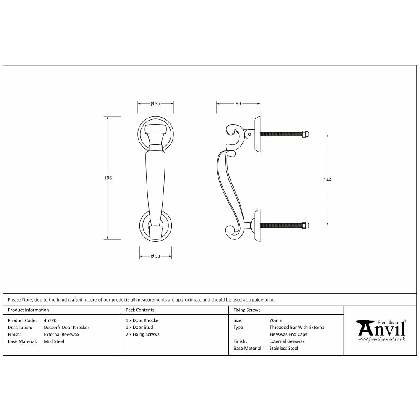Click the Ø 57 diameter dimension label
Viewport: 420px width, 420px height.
tap(155, 104)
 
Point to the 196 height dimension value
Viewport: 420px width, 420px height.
tap(108, 178)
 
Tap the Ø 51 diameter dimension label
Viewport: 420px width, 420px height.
tap(155, 257)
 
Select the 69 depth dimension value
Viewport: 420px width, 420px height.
tap(238, 104)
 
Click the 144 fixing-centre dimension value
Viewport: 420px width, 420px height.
tap(328, 180)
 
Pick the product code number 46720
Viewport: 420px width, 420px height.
tap(50, 320)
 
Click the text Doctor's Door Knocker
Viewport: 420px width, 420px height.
tap(66, 328)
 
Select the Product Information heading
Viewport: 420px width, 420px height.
tap(29, 310)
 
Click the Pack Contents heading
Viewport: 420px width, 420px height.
tap(140, 310)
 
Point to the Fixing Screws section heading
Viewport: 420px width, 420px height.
tap(247, 310)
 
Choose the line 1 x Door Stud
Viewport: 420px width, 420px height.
tap(139, 328)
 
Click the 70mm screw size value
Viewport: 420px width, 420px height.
tap(276, 320)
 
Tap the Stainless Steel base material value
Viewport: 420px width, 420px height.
tap(284, 348)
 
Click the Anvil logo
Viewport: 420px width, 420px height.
tap(381, 328)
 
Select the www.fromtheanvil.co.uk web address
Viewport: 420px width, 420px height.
tap(381, 339)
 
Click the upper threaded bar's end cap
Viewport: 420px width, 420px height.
tap(306, 134)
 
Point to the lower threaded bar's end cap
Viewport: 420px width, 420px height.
tap(306, 226)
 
